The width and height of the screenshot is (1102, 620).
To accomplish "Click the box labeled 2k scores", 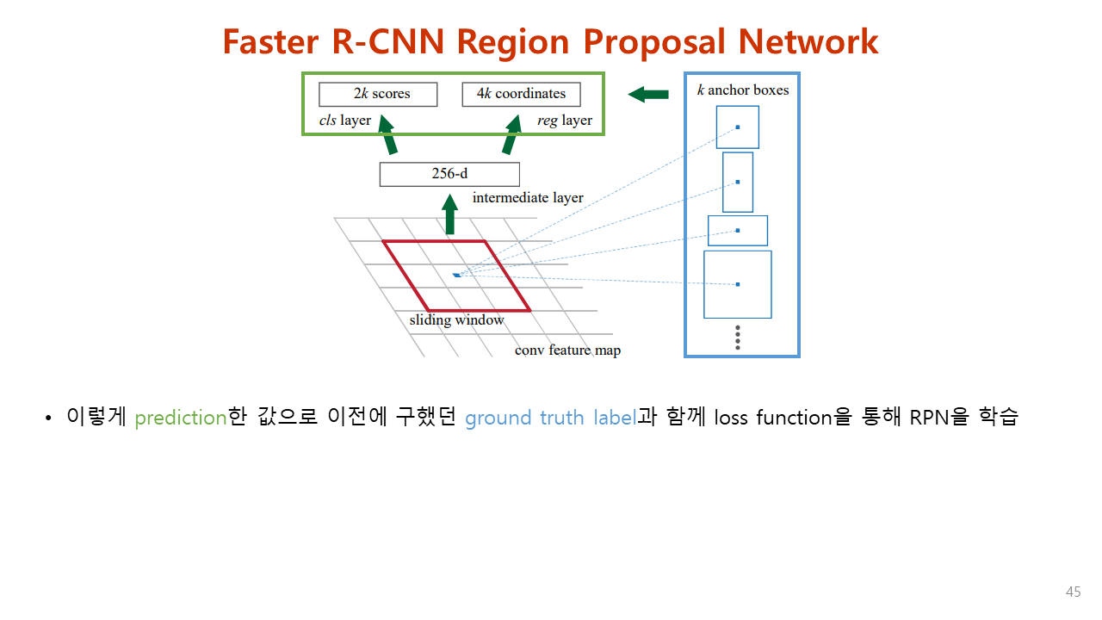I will click(378, 94).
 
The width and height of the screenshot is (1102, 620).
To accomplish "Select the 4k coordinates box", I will click(521, 94).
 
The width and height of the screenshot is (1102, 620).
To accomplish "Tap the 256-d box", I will click(449, 174).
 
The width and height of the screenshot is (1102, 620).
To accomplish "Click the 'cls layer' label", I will click(345, 121).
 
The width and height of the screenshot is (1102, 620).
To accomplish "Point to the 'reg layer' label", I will click(565, 121).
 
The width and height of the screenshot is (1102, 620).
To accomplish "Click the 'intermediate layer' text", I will click(528, 198).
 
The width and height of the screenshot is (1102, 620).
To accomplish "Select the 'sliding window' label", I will click(456, 320).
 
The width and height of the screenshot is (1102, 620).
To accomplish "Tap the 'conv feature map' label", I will click(567, 350).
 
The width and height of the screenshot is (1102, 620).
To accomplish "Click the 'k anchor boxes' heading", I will click(742, 90).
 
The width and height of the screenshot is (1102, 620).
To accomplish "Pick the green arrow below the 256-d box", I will click(449, 214).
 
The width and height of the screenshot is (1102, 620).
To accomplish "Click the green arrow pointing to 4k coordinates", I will click(512, 136).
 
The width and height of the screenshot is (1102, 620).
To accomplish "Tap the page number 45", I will click(1073, 592).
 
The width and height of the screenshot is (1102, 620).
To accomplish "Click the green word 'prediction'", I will click(180, 418).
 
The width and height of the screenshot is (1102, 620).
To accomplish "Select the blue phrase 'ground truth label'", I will click(550, 418).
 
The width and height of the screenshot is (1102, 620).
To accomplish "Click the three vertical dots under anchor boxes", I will click(738, 337).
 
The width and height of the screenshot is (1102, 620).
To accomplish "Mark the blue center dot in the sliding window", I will click(456, 275).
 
